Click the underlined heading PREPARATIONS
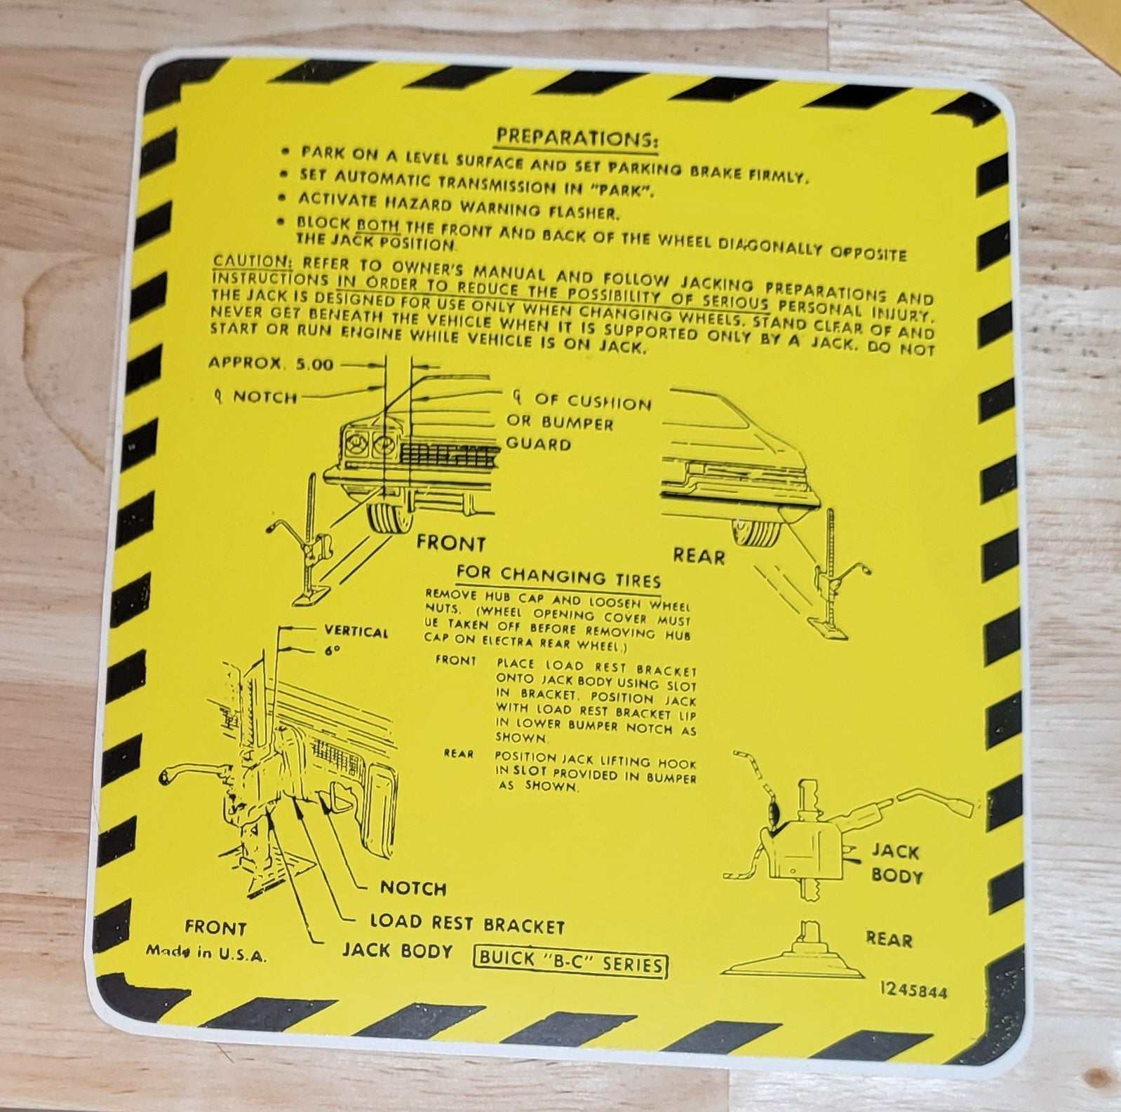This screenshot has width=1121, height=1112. pos(577,138)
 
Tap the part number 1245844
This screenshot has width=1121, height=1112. pos(914,991)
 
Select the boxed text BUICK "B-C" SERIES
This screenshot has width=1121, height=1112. pos(570,962)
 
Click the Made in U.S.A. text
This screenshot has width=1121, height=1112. pos(206,952)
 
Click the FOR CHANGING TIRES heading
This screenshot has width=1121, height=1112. pos(558,576)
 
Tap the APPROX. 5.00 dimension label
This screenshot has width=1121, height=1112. pos(271,363)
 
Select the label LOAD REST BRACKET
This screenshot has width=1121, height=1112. pos(467,923)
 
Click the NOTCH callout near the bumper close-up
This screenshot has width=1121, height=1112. pos(413,888)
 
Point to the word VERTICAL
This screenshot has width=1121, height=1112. pos(356,631)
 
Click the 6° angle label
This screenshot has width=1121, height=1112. pos(332,650)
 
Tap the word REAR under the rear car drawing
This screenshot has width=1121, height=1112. pos(699,556)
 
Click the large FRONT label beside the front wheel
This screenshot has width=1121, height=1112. pos(450,543)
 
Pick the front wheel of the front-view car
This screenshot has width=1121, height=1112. pos(390,514)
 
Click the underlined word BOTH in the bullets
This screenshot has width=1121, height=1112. pos(378,224)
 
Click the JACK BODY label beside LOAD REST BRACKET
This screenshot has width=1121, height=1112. pos(397,951)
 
